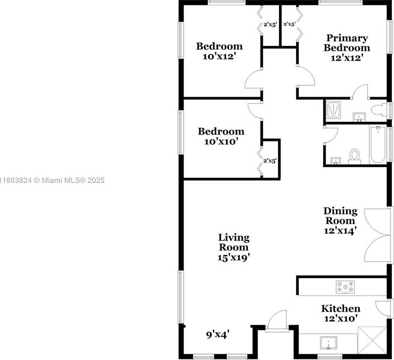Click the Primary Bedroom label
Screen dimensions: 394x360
click(x=347, y=43)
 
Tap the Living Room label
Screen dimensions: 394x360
click(x=234, y=242)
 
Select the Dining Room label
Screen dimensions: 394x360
click(x=341, y=216)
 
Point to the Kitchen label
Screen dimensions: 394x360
click(x=341, y=308)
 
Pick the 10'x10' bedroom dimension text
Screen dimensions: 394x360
click(x=221, y=141)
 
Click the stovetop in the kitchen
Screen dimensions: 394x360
click(x=345, y=287)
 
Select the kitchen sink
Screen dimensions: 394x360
click(x=329, y=343)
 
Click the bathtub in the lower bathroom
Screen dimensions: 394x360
click(x=378, y=145)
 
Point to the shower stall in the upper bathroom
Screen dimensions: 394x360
click(x=334, y=110)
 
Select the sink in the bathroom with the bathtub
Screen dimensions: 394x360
click(x=335, y=161)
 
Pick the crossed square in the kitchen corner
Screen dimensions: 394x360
click(x=372, y=341)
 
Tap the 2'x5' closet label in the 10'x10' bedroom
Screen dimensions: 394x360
click(x=270, y=161)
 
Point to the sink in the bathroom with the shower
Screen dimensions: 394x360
click(x=359, y=117)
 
